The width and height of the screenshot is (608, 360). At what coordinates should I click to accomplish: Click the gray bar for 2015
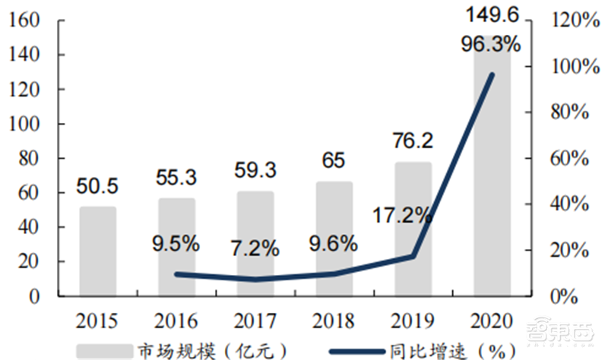(x=98, y=251)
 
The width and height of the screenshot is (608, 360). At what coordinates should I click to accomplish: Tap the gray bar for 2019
(x=413, y=228)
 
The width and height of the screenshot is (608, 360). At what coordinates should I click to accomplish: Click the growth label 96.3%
(x=491, y=43)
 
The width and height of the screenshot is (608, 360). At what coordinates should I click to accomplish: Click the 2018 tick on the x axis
(x=334, y=319)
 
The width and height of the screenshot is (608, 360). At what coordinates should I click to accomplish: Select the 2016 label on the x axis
(x=176, y=319)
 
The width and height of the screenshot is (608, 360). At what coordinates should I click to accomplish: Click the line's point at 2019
(x=413, y=256)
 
